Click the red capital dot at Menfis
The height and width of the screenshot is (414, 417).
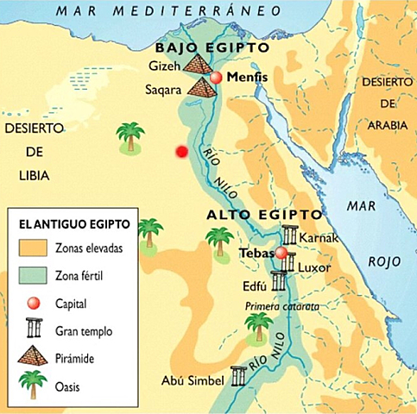point(217,78)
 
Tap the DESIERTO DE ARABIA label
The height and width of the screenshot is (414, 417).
point(382,102)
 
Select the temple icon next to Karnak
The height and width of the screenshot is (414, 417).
point(289,235)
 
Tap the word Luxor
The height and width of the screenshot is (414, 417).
point(314,267)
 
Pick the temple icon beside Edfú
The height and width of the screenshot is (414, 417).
point(278,280)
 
